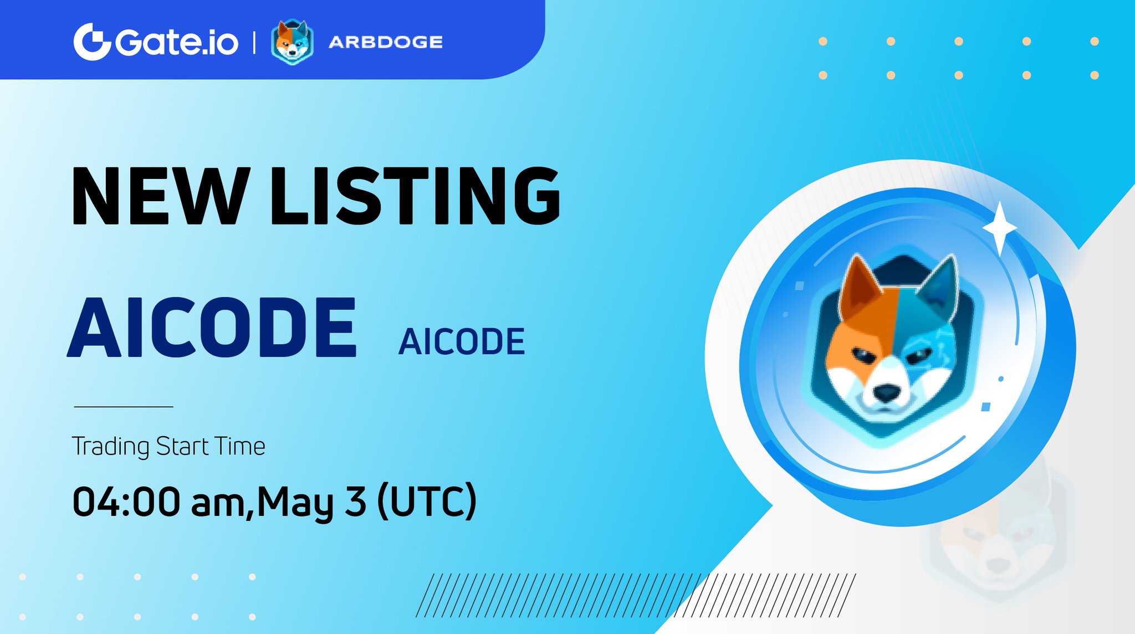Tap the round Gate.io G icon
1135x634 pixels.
pos(92,42)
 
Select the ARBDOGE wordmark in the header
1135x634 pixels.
pos(386,42)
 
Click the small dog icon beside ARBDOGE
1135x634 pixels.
pos(292,42)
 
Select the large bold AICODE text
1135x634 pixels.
pos(212,328)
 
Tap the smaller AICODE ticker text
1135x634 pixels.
pos(461,341)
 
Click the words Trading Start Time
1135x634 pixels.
pos(168,447)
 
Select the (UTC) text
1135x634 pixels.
pos(426,502)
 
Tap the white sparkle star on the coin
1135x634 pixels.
pos(1000,228)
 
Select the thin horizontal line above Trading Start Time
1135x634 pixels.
pos(124,407)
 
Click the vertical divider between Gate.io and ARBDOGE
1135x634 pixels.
pos(254,42)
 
